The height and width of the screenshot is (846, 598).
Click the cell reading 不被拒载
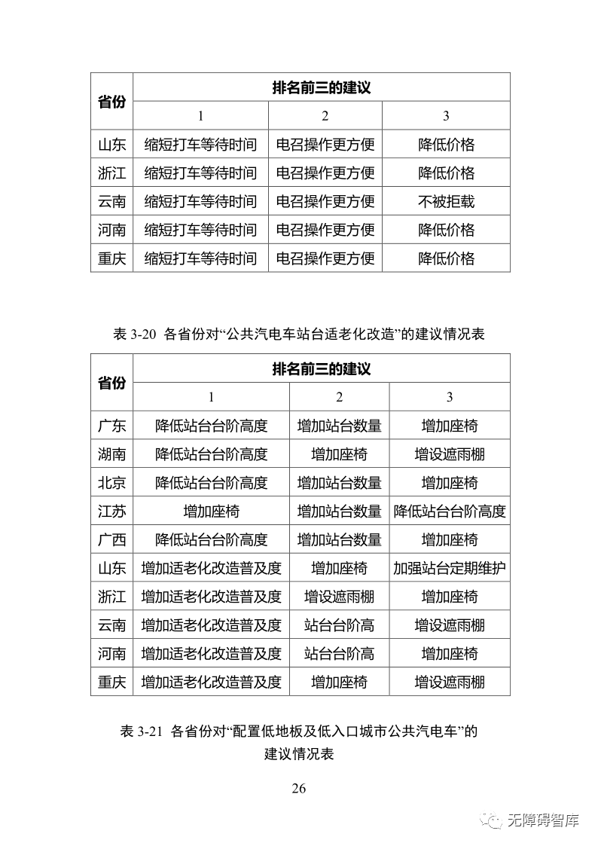click(446, 201)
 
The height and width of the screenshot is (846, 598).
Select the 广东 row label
click(111, 426)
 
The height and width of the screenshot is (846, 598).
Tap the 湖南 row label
click(111, 454)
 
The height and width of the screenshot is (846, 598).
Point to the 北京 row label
click(111, 483)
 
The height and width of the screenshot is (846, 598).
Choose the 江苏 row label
click(111, 512)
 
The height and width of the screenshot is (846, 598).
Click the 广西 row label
click(111, 540)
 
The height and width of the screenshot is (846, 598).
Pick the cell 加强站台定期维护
click(450, 568)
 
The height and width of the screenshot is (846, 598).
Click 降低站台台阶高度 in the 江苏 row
click(450, 512)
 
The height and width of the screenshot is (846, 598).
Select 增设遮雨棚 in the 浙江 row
click(339, 597)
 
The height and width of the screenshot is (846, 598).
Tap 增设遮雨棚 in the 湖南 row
click(450, 454)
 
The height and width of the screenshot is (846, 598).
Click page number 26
click(298, 789)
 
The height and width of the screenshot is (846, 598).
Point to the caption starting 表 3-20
click(298, 335)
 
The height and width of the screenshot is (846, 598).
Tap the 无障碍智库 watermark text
click(543, 820)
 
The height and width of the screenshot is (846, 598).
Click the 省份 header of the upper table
click(111, 102)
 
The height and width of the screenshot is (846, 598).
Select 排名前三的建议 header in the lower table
click(322, 369)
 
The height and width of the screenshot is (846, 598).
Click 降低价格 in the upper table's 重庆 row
click(446, 258)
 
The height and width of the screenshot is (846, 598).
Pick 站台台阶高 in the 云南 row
click(339, 625)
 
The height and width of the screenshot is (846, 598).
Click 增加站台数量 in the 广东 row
click(339, 426)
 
